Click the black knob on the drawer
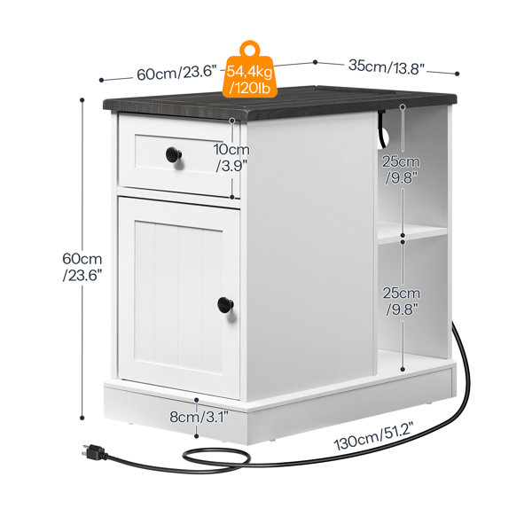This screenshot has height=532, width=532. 174,154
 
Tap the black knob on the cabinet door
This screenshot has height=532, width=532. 225,305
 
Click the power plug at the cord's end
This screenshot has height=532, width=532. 94,452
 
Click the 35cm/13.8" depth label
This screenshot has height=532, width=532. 387,66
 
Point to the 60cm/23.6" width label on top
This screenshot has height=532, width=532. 176,73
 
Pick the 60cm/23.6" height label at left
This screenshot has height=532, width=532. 82,267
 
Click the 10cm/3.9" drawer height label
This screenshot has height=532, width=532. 231,158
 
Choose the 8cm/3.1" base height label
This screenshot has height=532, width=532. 199,417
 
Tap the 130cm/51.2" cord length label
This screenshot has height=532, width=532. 373,436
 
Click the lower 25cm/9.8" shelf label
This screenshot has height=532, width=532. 402,301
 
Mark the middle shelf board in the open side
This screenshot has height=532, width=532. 412,232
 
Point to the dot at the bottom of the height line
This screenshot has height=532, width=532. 82,418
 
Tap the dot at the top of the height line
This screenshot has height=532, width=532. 82,100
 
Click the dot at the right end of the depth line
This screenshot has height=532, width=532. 457,74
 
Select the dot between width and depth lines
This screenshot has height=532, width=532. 315,62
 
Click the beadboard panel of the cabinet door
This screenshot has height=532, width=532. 178,297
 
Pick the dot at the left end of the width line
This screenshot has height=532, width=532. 101,80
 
